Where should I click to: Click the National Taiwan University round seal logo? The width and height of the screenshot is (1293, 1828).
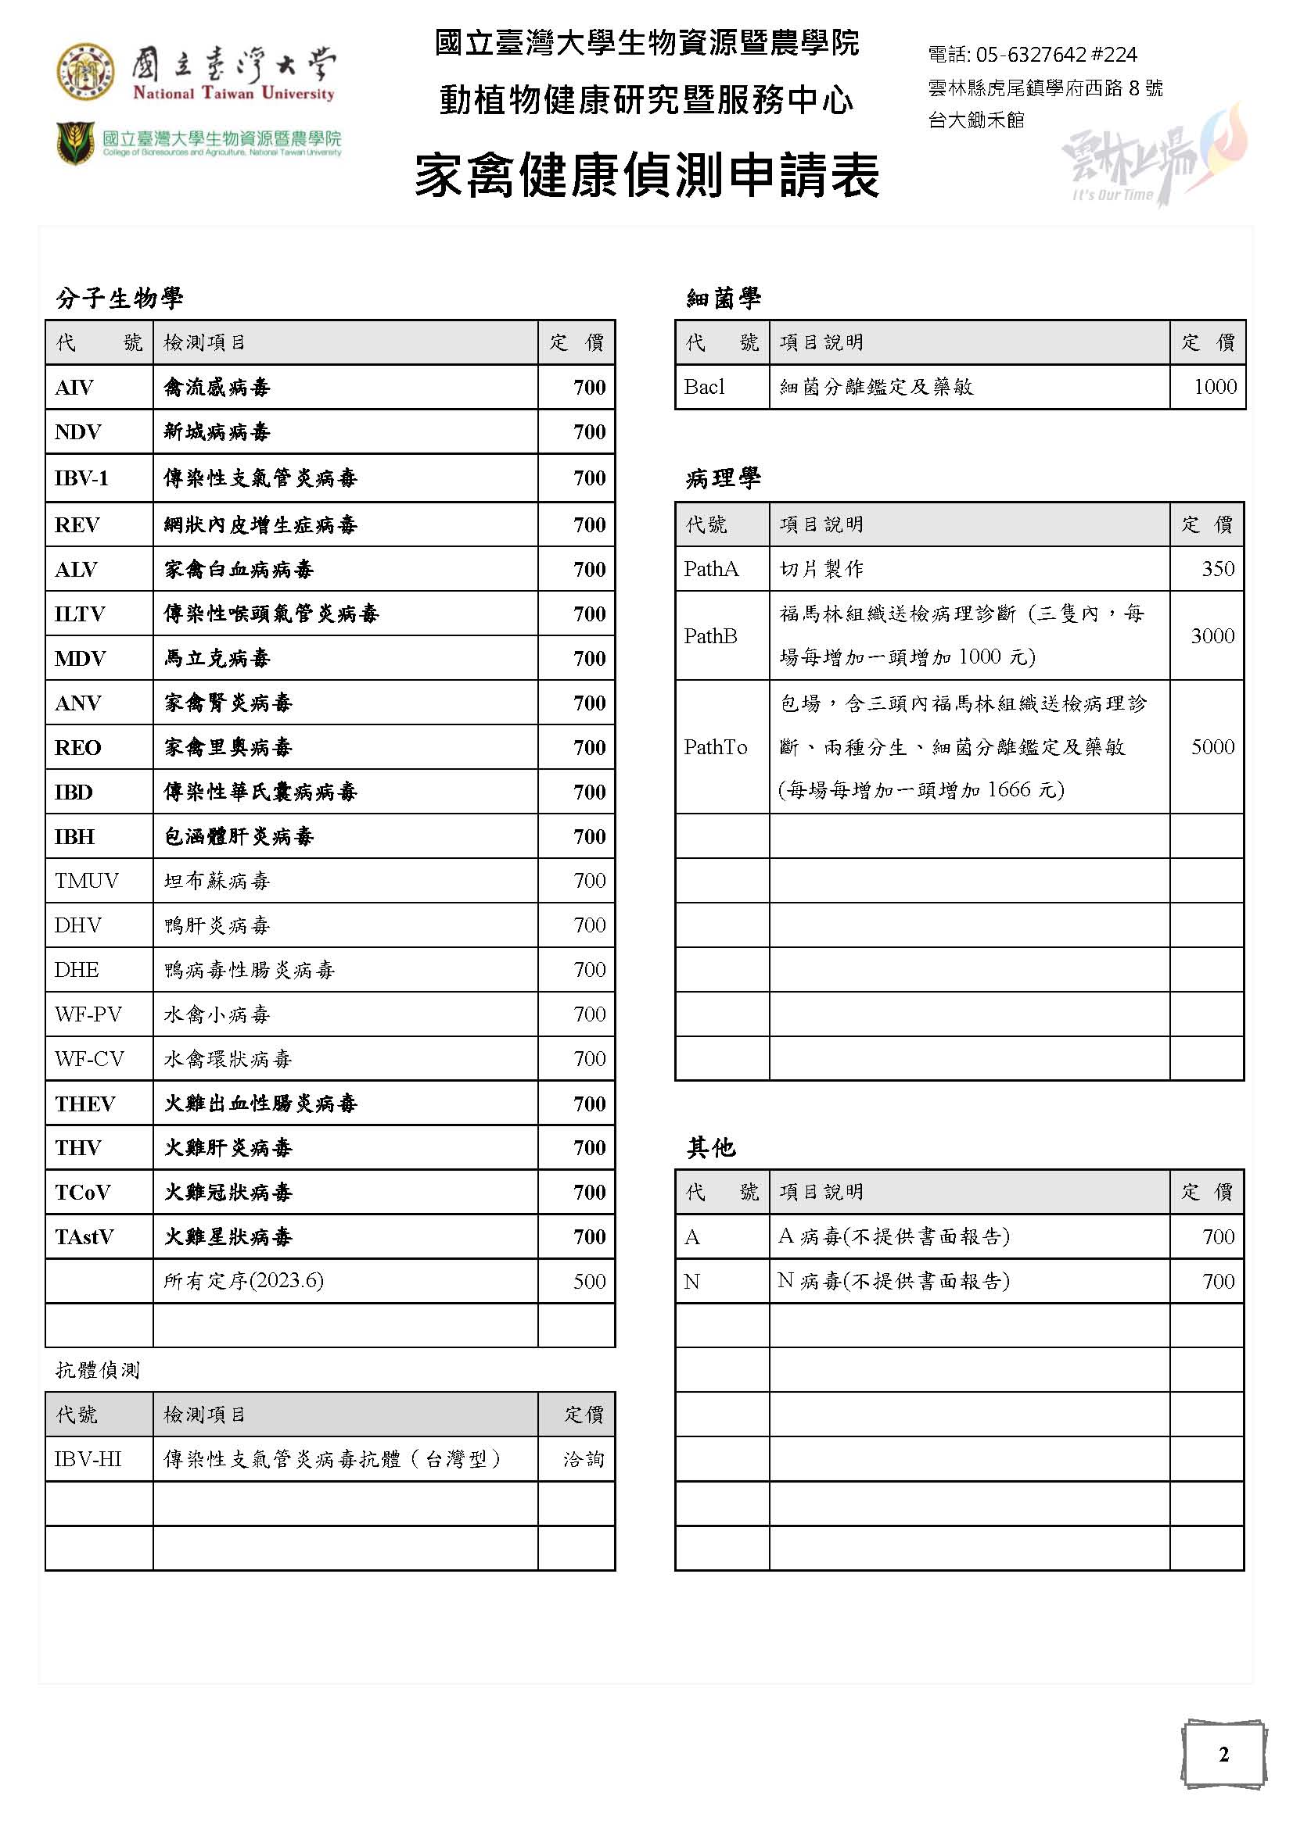(84, 72)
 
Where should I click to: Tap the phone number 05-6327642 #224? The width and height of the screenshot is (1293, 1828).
(1032, 55)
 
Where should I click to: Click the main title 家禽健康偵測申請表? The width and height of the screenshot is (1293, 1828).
(646, 175)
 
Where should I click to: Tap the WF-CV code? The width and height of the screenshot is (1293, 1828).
(89, 1059)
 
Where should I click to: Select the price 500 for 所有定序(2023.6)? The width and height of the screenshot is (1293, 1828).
(589, 1281)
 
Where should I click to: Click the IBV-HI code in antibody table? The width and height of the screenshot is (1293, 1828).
(88, 1459)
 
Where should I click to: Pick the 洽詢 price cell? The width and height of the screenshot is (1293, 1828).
(584, 1459)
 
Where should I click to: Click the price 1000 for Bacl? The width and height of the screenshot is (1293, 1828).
(1215, 387)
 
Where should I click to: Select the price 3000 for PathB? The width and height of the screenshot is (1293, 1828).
(1212, 636)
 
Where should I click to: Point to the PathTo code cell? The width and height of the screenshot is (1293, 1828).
(715, 747)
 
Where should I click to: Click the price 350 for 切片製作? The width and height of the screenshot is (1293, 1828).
(1217, 569)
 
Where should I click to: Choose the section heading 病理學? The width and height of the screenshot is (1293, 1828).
(723, 478)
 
